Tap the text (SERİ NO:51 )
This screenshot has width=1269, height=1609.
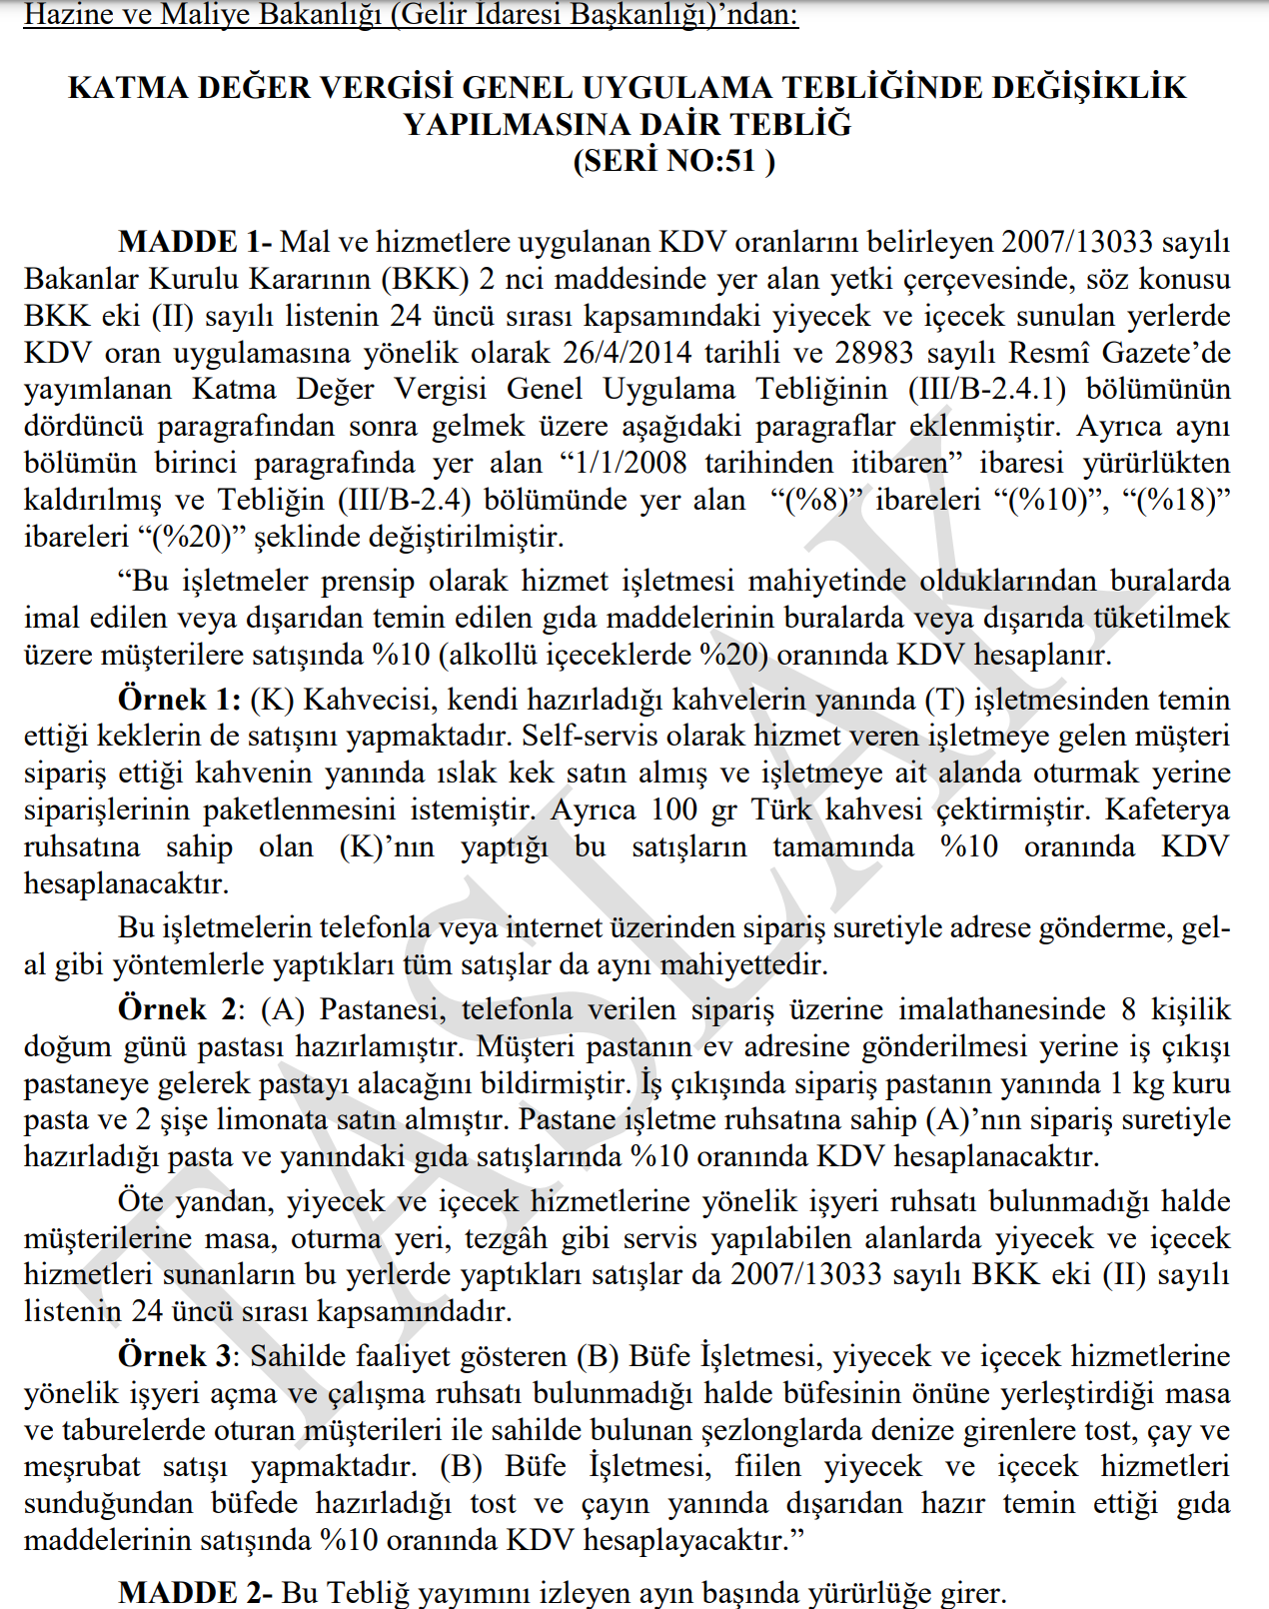(673, 160)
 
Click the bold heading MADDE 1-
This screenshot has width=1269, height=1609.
(195, 242)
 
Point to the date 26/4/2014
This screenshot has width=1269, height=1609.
(628, 353)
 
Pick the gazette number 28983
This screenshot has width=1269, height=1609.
(873, 353)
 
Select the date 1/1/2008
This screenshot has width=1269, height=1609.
(626, 464)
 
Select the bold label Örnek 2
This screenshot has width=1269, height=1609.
(178, 1009)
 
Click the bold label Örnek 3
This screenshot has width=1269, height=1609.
(176, 1356)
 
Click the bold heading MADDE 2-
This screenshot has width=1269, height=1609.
(195, 1592)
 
